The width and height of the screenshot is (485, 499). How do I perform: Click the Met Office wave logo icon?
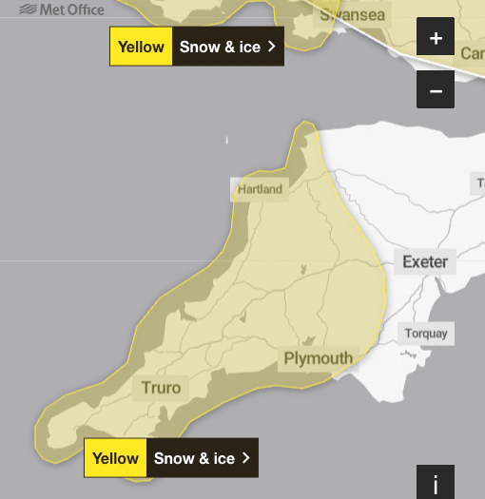pyautogui.click(x=29, y=10)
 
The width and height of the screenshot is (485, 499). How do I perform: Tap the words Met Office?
pyautogui.click(x=72, y=10)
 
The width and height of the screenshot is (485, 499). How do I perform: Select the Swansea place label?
pyautogui.click(x=352, y=15)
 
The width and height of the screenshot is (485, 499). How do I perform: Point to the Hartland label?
pyautogui.click(x=260, y=189)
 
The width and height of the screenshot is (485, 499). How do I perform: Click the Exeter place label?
pyautogui.click(x=424, y=261)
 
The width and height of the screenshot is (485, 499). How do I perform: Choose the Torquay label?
pyautogui.click(x=425, y=334)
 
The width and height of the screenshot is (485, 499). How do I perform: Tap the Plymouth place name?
pyautogui.click(x=318, y=358)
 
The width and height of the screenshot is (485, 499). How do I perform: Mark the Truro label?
pyautogui.click(x=161, y=387)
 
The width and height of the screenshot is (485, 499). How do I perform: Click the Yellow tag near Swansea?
pyautogui.click(x=141, y=47)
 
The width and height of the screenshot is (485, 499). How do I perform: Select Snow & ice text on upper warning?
pyautogui.click(x=220, y=47)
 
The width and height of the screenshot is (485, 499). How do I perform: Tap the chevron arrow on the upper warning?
pyautogui.click(x=271, y=47)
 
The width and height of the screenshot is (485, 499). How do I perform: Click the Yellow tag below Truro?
pyautogui.click(x=115, y=458)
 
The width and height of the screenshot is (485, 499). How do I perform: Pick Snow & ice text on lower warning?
pyautogui.click(x=194, y=458)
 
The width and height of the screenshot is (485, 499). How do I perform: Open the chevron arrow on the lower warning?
pyautogui.click(x=246, y=458)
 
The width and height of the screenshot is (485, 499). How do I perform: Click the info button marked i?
pyautogui.click(x=436, y=484)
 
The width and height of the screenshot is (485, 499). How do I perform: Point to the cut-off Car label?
pyautogui.click(x=472, y=53)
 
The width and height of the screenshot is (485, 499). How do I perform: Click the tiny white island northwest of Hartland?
pyautogui.click(x=227, y=141)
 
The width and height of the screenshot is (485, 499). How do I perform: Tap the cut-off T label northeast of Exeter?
pyautogui.click(x=479, y=182)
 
